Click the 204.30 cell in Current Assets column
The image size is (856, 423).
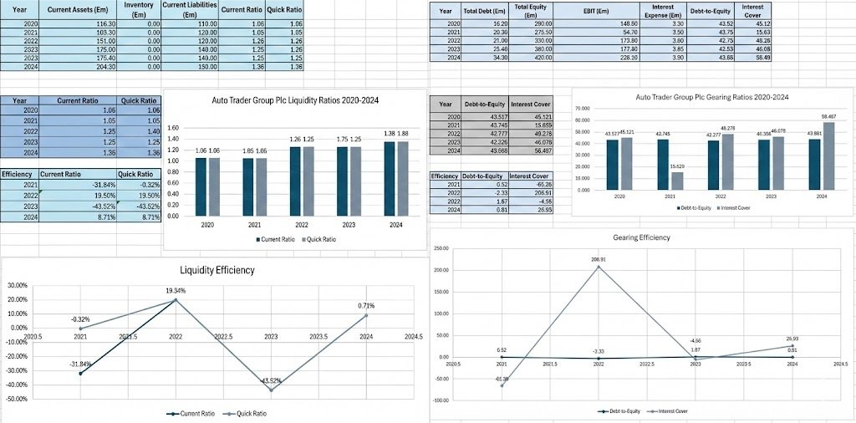(95, 67)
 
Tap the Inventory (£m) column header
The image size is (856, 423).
(138, 10)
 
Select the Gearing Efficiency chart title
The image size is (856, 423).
(641, 237)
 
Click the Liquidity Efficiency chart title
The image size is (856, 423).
(217, 270)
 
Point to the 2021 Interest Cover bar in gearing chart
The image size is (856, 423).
(676, 181)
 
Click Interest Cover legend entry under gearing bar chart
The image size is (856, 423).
(733, 207)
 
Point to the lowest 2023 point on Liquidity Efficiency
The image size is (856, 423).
(270, 390)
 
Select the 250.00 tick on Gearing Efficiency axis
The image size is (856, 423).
(441, 248)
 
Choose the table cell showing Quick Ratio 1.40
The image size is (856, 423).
(140, 132)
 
